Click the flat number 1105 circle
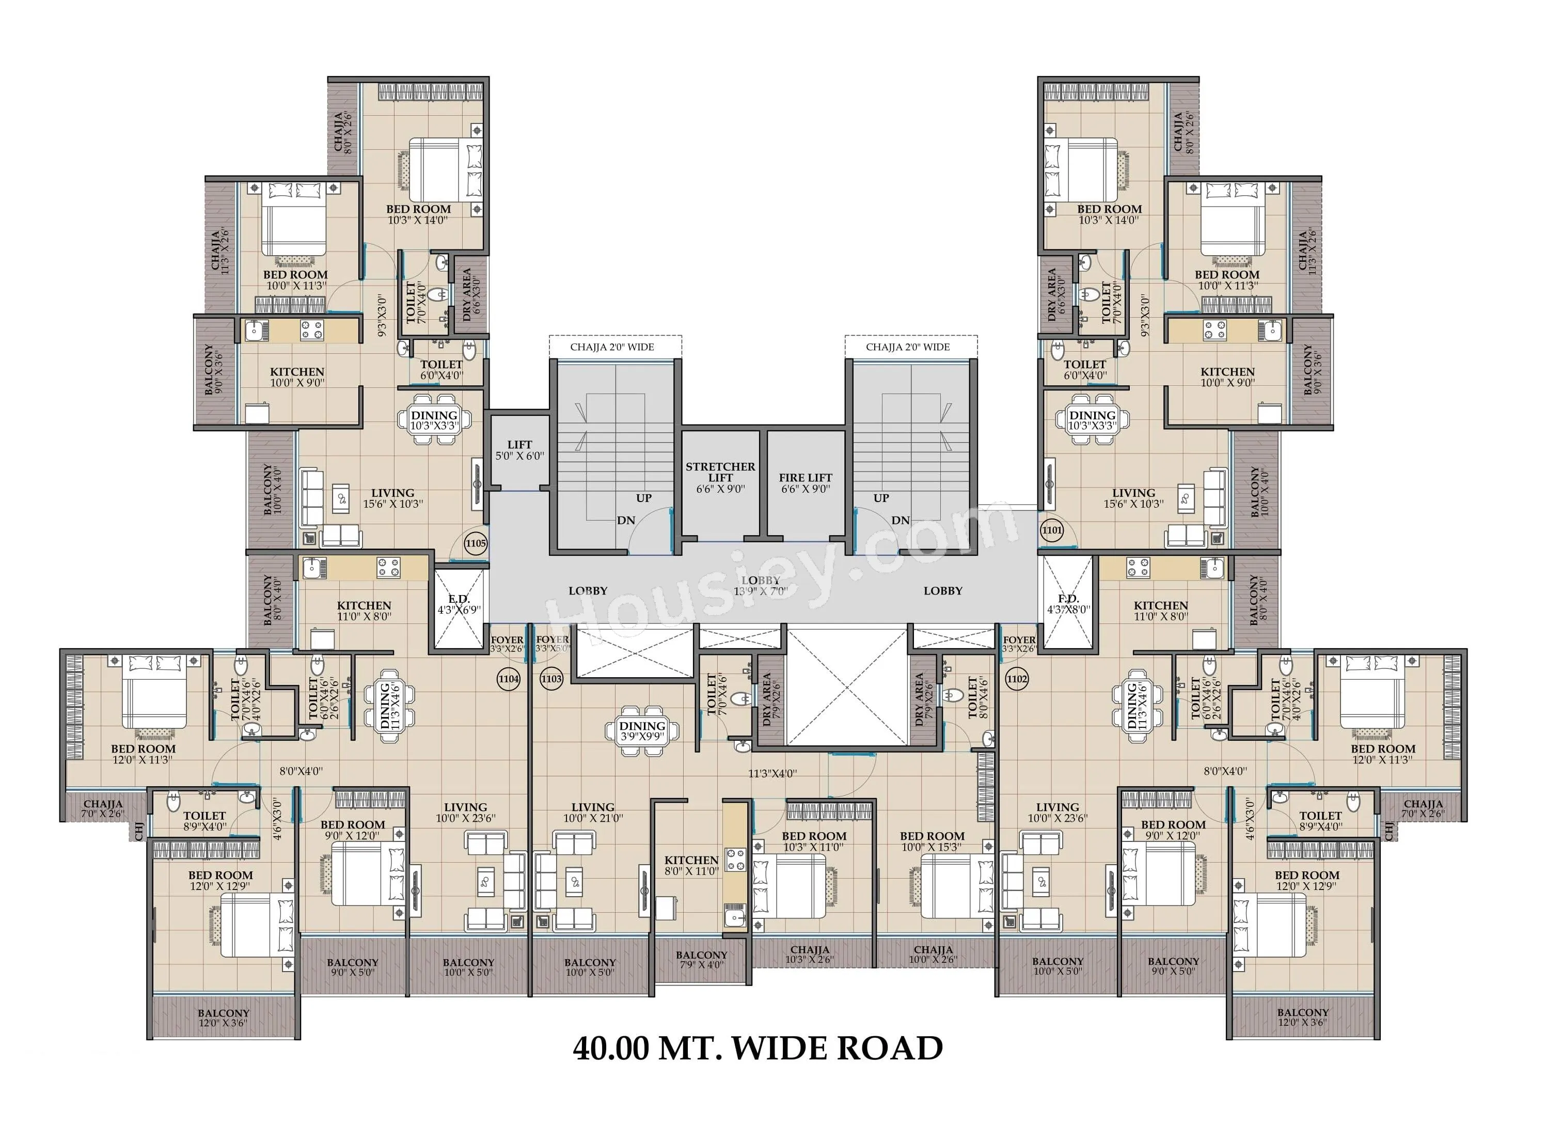tap(476, 543)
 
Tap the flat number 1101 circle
tap(1052, 530)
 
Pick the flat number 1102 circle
tap(1017, 679)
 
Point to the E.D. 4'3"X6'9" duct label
tap(459, 604)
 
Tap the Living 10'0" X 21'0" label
tap(592, 812)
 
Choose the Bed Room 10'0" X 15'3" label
tap(932, 841)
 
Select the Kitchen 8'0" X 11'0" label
tap(691, 865)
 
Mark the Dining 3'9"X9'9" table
tap(642, 731)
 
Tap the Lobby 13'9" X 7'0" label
tap(760, 586)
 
